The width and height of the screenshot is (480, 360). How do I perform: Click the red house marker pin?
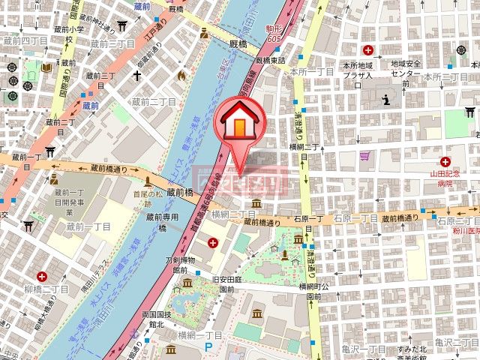click(238, 122)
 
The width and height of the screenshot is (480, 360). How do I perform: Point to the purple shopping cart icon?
click(365, 156)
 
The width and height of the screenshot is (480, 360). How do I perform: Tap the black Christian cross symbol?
click(138, 75)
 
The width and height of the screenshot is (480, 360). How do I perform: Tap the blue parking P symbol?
click(208, 347)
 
